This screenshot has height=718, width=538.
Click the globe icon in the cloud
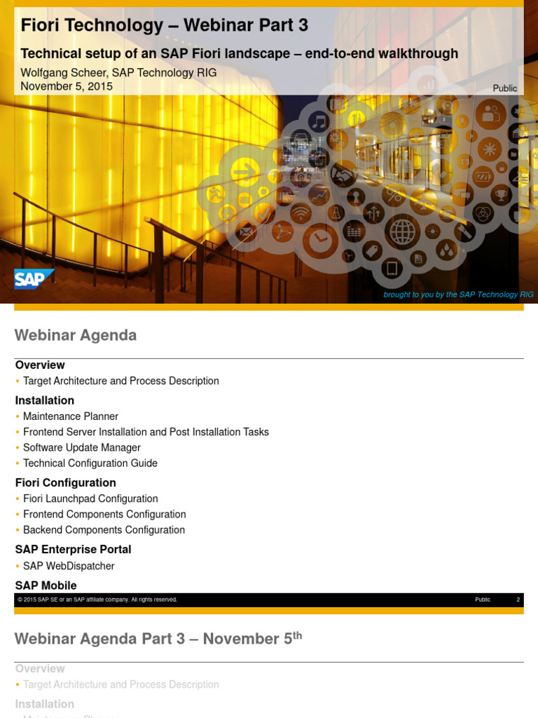click(x=403, y=231)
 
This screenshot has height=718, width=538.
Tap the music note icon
click(x=319, y=121)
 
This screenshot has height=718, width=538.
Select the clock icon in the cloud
click(x=321, y=241)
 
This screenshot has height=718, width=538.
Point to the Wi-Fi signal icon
click(x=301, y=212)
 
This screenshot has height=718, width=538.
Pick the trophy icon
click(x=501, y=195)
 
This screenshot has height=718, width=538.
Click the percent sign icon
click(x=394, y=194)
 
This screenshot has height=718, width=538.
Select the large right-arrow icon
click(x=245, y=171)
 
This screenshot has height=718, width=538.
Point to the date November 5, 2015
click(x=67, y=86)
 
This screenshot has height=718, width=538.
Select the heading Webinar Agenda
click(x=76, y=335)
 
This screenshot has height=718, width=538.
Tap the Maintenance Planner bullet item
click(x=71, y=416)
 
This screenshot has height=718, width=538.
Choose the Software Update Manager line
click(x=82, y=447)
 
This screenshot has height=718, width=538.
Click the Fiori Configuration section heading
click(x=66, y=482)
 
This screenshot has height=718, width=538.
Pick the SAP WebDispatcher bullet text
click(x=69, y=566)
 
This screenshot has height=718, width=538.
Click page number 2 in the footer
click(x=518, y=600)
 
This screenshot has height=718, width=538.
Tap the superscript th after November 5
click(x=297, y=635)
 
